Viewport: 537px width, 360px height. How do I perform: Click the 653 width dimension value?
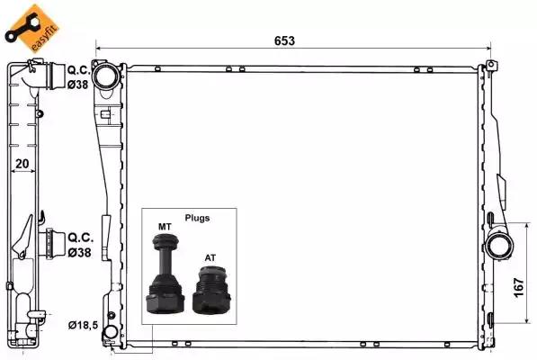pos(285,40)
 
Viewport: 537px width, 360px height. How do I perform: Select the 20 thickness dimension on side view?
pos(24,164)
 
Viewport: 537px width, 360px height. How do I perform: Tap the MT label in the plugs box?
pos(164,226)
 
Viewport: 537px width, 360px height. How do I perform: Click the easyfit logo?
pos(25,24)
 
